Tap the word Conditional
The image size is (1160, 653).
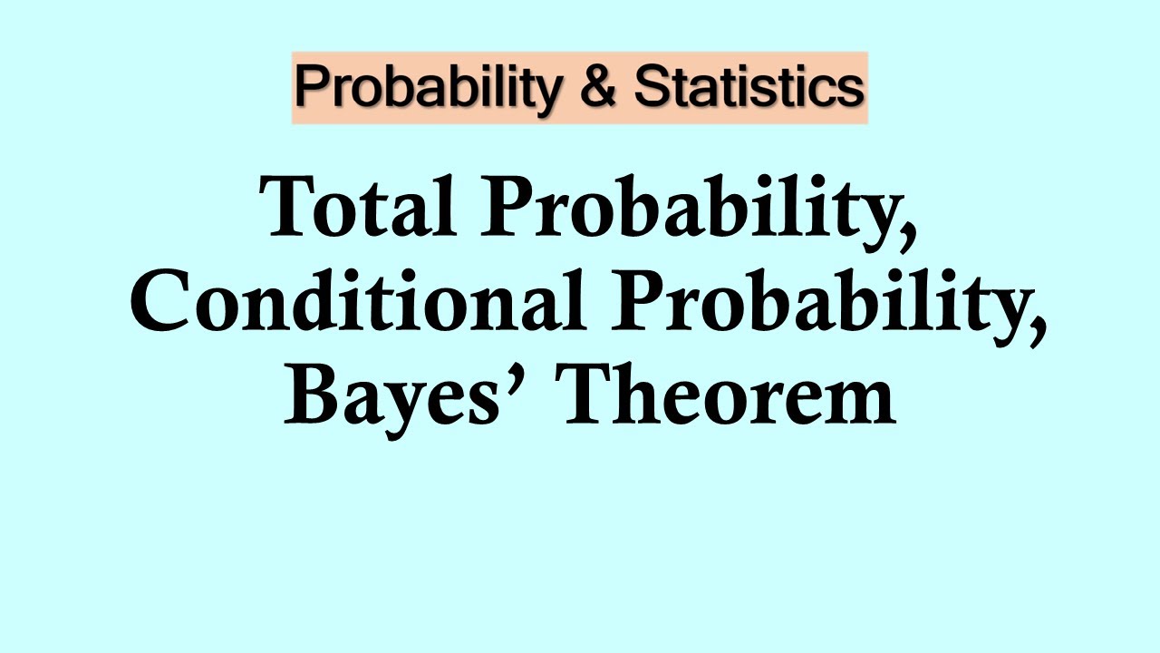coord(356,302)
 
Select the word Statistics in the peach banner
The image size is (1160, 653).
coord(748,87)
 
